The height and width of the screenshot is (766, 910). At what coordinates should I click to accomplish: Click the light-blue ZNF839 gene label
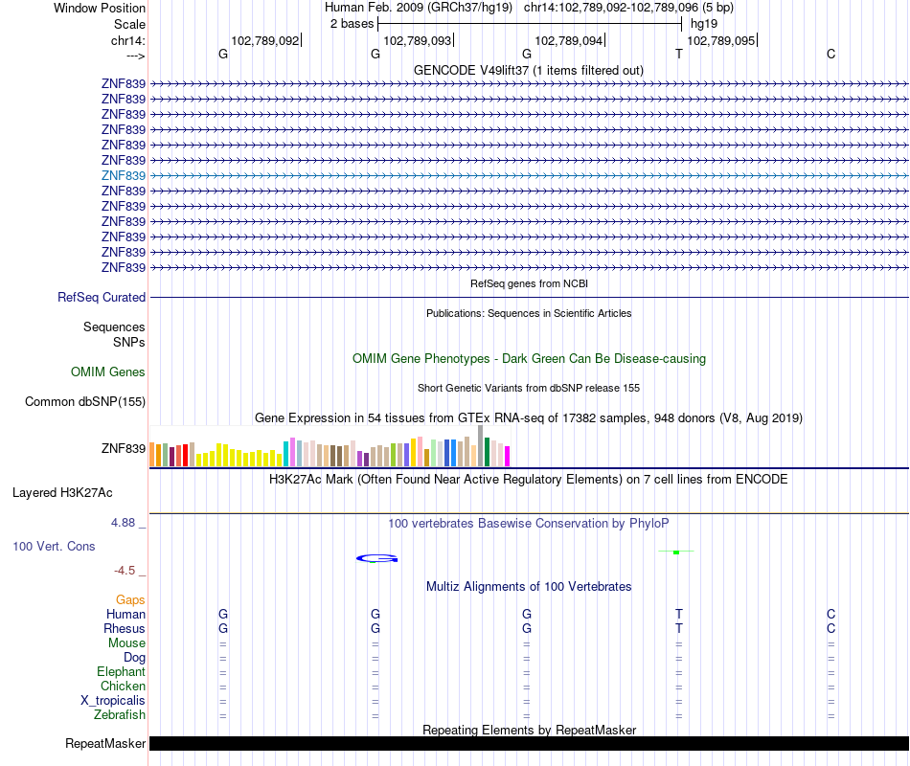[x=124, y=175]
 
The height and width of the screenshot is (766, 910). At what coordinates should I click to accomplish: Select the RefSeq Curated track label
[x=102, y=298]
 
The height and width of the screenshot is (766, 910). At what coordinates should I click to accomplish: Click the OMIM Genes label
[x=108, y=372]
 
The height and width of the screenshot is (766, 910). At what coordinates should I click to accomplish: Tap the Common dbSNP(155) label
[x=85, y=402]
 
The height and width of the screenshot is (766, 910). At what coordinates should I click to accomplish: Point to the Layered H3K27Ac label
[x=62, y=493]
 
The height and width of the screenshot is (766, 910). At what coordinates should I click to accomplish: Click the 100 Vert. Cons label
[x=54, y=546]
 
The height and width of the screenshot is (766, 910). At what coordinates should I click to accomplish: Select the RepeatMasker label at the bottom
[x=105, y=744]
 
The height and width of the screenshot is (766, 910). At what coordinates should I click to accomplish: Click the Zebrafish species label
[x=120, y=715]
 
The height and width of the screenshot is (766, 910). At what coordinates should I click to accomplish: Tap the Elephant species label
[x=121, y=672]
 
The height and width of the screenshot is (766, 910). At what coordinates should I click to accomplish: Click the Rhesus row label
[x=125, y=629]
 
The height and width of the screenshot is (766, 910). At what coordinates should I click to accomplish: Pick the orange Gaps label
[x=130, y=600]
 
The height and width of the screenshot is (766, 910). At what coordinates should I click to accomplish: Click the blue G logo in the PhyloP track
[x=377, y=558]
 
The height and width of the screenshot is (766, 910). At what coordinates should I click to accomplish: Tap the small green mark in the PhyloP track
[x=676, y=552]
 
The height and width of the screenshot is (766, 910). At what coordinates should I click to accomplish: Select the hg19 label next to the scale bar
[x=704, y=23]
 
